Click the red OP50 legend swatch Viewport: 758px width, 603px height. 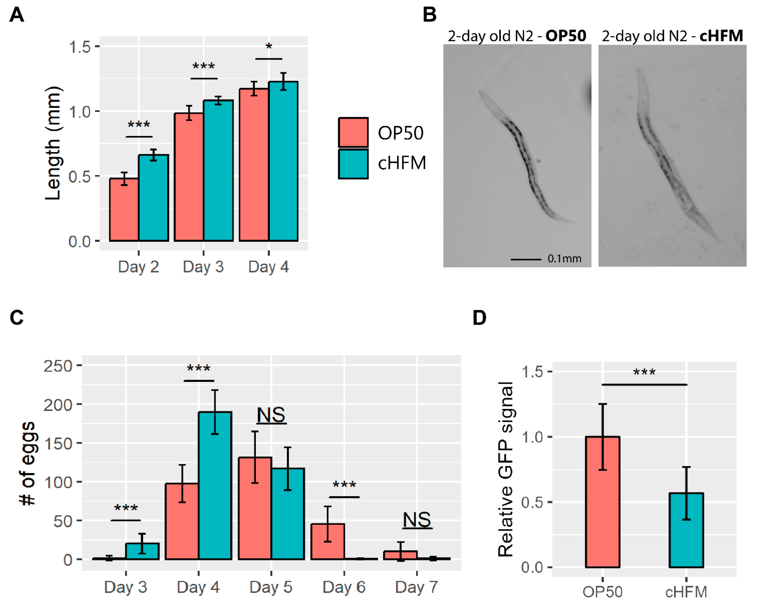[x=353, y=132]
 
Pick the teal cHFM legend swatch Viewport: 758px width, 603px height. [x=353, y=164]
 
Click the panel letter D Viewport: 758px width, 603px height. [x=479, y=318]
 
